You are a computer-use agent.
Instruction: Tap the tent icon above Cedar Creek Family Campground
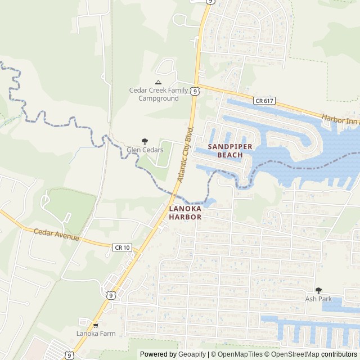pyautogui.click(x=158, y=82)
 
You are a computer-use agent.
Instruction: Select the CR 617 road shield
pyautogui.click(x=263, y=101)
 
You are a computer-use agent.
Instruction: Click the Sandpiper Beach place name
pyautogui.click(x=230, y=150)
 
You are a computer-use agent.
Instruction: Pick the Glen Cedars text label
pyautogui.click(x=145, y=150)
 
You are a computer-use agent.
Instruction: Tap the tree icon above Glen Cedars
pyautogui.click(x=145, y=141)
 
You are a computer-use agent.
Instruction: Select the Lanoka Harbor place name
pyautogui.click(x=185, y=212)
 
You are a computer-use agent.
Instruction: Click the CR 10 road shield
pyautogui.click(x=122, y=247)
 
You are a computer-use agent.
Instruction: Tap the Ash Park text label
pyautogui.click(x=318, y=299)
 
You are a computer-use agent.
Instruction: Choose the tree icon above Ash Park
pyautogui.click(x=318, y=290)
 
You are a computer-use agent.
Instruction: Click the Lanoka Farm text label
pyautogui.click(x=96, y=334)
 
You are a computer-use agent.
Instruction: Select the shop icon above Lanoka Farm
pyautogui.click(x=96, y=325)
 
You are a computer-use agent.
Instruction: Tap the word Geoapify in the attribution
pyautogui.click(x=192, y=354)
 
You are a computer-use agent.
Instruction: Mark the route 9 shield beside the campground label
pyautogui.click(x=194, y=91)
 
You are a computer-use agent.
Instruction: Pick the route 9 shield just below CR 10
pyautogui.click(x=110, y=294)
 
